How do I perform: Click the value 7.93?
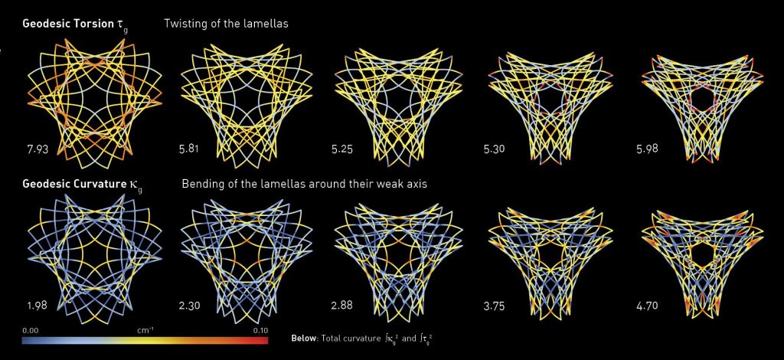point(37,149)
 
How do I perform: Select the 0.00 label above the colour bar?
point(31,330)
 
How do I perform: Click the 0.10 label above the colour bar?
point(259,330)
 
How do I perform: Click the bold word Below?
point(305,339)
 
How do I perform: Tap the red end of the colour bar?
point(263,339)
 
